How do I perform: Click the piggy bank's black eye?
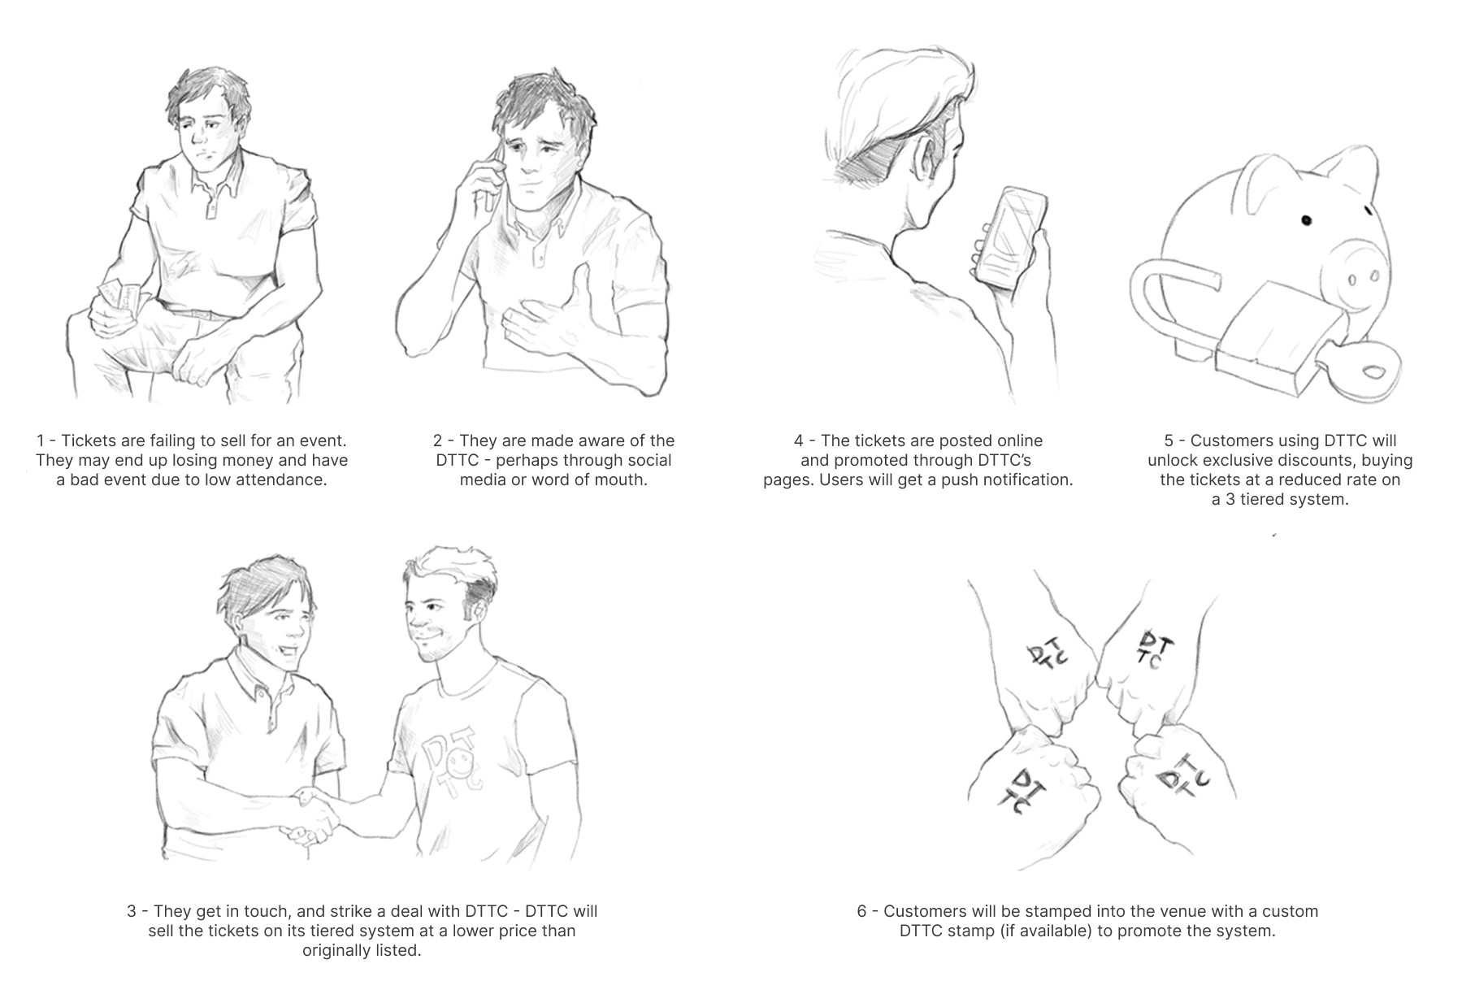(1307, 219)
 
